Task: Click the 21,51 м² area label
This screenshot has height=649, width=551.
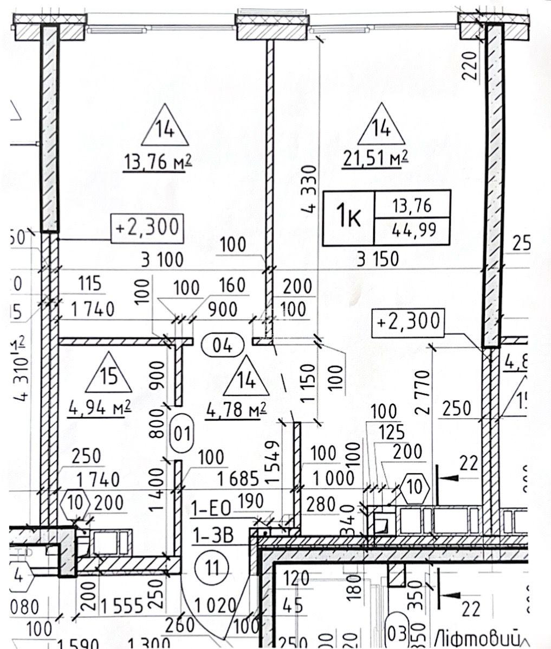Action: (375, 158)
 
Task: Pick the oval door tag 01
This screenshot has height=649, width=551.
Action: (181, 434)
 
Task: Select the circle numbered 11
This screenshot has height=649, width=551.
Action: (212, 568)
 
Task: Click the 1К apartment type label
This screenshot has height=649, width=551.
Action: (349, 217)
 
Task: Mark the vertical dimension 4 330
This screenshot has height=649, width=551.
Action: (310, 189)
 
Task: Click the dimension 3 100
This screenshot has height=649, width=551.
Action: (162, 260)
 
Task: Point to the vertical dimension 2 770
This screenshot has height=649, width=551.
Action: (426, 392)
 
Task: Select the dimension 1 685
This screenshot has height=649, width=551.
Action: (231, 479)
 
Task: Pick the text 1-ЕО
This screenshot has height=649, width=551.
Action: (211, 508)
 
